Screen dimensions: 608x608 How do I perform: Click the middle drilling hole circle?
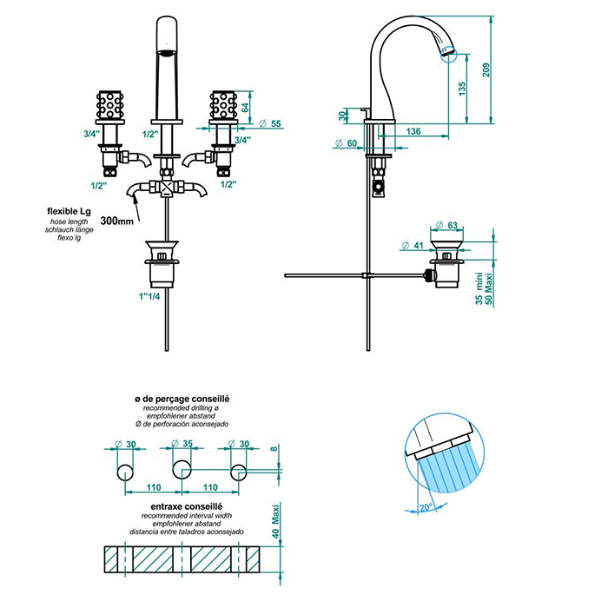point(182,471)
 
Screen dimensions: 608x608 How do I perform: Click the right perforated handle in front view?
point(223,107)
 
